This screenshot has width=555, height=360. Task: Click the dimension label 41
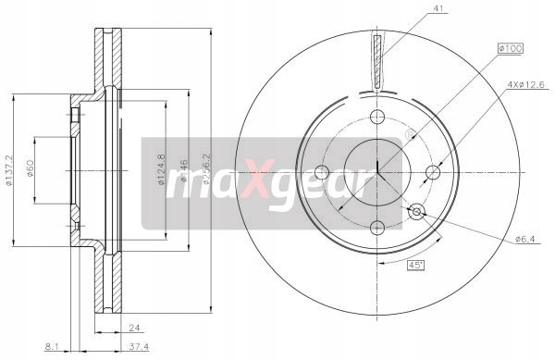(x=438, y=9)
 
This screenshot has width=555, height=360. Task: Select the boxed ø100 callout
(x=510, y=48)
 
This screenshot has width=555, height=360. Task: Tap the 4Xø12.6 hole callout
(x=525, y=84)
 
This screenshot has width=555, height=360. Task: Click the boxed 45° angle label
(x=415, y=265)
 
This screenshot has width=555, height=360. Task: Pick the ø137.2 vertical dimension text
(x=9, y=170)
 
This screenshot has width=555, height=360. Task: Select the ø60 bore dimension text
(x=30, y=168)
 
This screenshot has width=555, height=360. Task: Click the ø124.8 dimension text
(x=161, y=169)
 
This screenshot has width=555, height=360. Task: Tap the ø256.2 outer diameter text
(x=206, y=168)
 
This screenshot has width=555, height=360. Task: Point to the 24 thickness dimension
(x=134, y=329)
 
